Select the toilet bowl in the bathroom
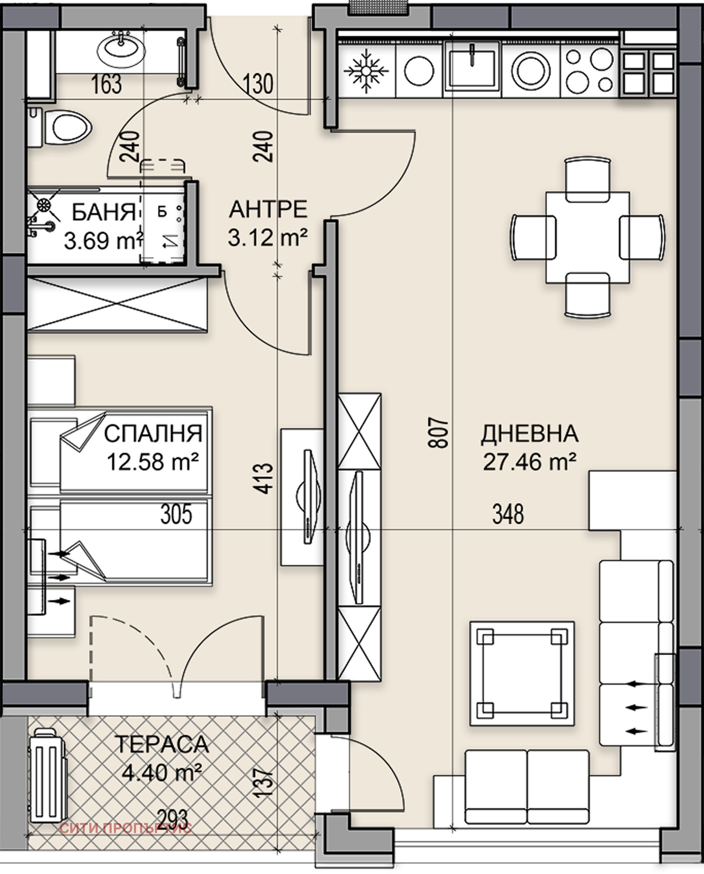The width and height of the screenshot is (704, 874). tap(68, 129)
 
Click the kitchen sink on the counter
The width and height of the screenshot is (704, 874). tap(472, 68)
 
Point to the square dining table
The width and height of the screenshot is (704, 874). tap(588, 237)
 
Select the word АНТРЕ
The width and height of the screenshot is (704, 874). tap(268, 209)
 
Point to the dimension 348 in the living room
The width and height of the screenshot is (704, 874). tap(508, 514)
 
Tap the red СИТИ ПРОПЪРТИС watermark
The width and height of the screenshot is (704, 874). tap(126, 828)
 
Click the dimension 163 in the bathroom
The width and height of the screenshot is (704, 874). tap(106, 85)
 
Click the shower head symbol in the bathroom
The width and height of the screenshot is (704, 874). tap(44, 206)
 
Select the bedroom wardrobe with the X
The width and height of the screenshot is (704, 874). tap(117, 304)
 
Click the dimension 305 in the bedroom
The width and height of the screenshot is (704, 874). tap(176, 514)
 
